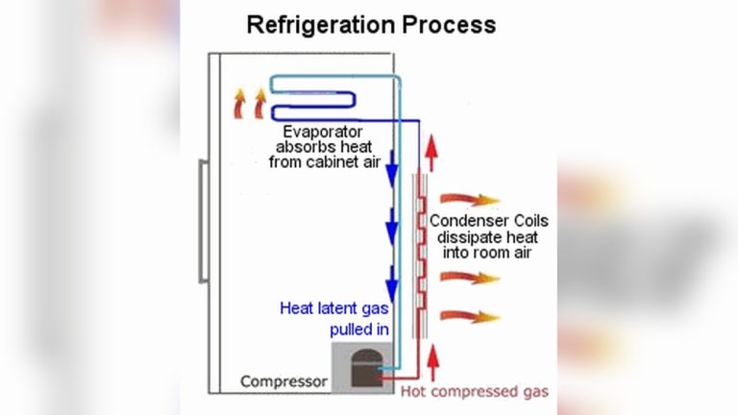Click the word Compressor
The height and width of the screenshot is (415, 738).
(283, 381)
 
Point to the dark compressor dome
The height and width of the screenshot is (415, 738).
(366, 368)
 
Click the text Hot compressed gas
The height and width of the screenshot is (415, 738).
(475, 392)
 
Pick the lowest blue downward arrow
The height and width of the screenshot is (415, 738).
(392, 285)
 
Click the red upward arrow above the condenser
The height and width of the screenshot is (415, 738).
(430, 152)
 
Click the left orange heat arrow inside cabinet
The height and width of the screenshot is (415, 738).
(236, 103)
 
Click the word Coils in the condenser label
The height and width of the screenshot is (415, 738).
(526, 220)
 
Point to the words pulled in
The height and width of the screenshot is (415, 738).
(357, 330)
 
